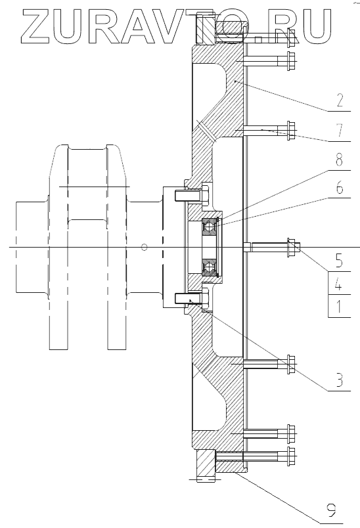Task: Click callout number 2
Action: tap(340, 100)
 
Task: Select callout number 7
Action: tap(340, 130)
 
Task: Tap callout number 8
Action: tap(340, 160)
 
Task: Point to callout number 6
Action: tap(340, 187)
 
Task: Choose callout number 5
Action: tap(340, 261)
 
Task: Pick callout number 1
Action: tap(339, 307)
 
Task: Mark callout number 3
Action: tap(340, 380)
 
